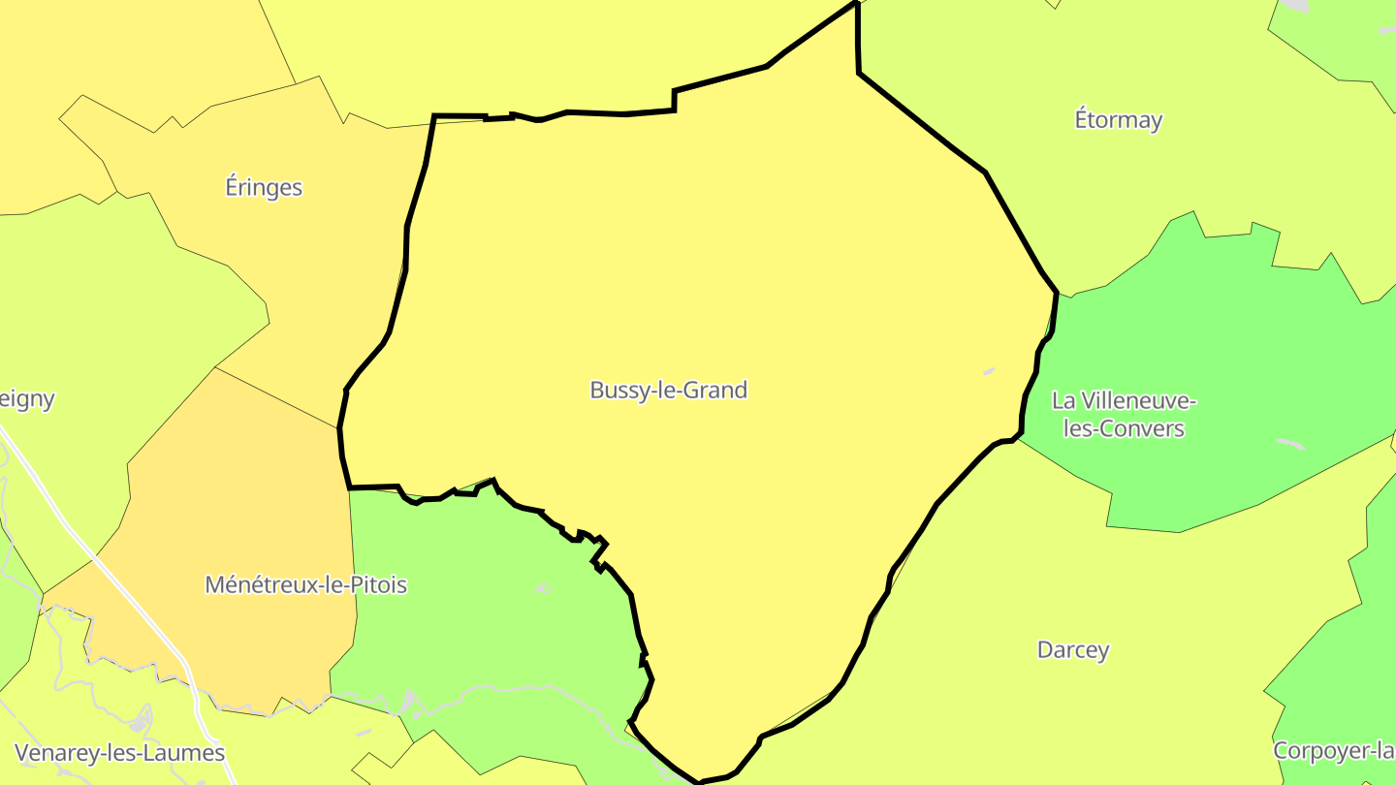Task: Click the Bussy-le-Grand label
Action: (668, 391)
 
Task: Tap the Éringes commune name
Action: (264, 187)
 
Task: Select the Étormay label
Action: (1118, 120)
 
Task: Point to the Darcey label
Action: (1072, 649)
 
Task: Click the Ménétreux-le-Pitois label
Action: (305, 584)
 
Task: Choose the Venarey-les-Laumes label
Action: (120, 752)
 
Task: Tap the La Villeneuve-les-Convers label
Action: (1124, 414)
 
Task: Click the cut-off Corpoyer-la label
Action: (1334, 750)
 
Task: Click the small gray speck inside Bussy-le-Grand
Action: (989, 370)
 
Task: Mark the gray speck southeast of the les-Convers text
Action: (1289, 444)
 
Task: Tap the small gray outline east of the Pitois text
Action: (543, 588)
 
